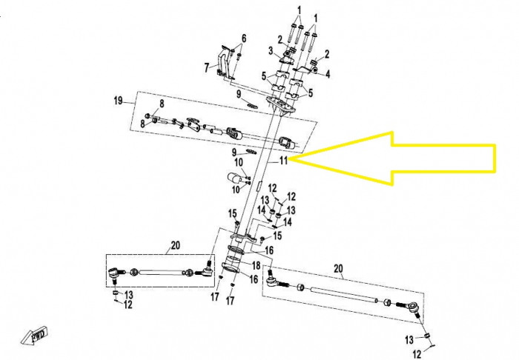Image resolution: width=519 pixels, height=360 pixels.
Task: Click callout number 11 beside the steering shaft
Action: (283, 161)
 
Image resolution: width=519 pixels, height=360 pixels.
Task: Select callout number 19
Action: (117, 100)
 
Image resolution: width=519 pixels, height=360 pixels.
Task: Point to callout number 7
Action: (207, 67)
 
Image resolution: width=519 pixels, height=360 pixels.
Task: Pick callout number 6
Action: (243, 38)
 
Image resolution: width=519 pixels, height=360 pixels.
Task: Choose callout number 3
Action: (272, 50)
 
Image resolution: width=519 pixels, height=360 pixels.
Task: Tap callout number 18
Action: (255, 264)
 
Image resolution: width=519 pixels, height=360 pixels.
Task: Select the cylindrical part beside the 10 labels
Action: (237, 177)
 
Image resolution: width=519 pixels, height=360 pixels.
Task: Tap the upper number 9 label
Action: (239, 94)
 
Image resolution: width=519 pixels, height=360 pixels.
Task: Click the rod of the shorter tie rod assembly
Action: (160, 272)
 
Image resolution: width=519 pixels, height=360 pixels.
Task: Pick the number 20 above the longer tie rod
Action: (338, 267)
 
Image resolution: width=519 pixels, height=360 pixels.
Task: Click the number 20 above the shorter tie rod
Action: (175, 245)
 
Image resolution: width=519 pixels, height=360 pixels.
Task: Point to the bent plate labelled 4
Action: (317, 71)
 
